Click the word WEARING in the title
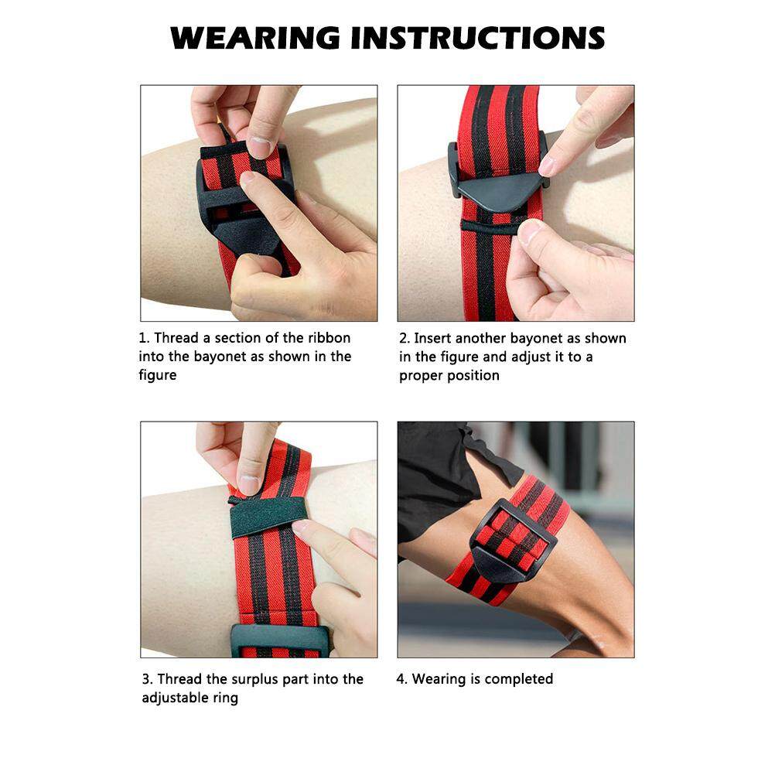tap(254, 38)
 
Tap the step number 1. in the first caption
tap(144, 338)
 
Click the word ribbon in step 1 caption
tap(327, 338)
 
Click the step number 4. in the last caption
tap(402, 678)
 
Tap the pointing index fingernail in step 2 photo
tap(548, 166)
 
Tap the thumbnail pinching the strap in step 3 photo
tap(248, 484)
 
